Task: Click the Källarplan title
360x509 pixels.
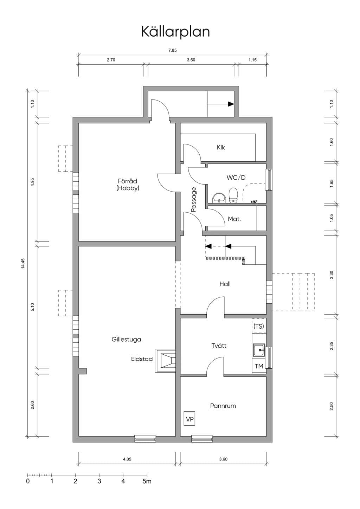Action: tap(175, 32)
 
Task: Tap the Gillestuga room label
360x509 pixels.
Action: tap(126, 340)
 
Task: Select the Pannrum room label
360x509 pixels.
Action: tap(223, 406)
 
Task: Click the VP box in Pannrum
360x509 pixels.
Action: tap(189, 418)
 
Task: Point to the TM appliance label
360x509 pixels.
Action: tap(259, 366)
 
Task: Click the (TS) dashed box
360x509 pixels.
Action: tap(259, 326)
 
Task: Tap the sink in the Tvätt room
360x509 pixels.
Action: tap(259, 350)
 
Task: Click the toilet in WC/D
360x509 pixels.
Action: tap(233, 195)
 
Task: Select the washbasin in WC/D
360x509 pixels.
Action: tap(219, 198)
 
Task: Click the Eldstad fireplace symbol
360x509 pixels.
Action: tap(165, 361)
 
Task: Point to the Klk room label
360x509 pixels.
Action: tap(221, 148)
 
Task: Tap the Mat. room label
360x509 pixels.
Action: tap(234, 219)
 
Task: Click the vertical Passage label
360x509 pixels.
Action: tap(194, 200)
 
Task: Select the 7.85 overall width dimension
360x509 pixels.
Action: tap(173, 51)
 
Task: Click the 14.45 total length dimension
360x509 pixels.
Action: tap(23, 264)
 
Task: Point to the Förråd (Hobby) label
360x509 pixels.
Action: tap(128, 185)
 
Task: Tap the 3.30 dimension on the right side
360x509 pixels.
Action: tap(332, 275)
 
